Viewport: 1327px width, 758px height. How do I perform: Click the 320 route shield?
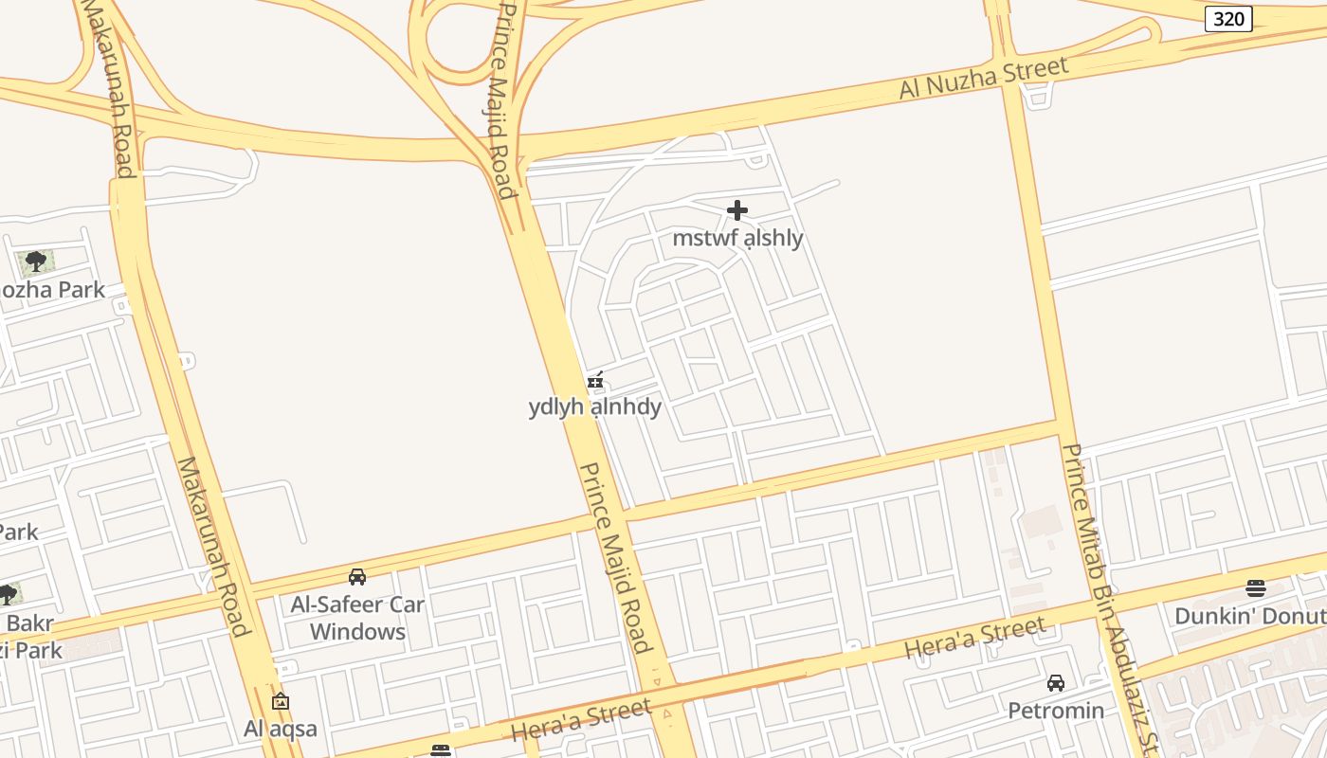click(x=1228, y=19)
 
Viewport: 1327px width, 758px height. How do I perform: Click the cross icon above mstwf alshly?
click(x=737, y=210)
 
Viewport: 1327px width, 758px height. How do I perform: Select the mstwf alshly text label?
click(x=737, y=238)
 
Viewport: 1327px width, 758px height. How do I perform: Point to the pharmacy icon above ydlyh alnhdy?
click(x=595, y=381)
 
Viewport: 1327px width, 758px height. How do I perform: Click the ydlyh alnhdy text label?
click(x=595, y=407)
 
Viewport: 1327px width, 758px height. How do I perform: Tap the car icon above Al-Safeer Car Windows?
click(x=357, y=576)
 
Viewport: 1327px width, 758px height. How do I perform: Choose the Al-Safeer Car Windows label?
click(x=357, y=618)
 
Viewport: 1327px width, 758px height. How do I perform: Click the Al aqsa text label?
click(x=281, y=729)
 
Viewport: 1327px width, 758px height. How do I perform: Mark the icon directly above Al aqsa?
click(x=280, y=702)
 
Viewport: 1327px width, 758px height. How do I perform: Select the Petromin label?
click(x=1056, y=711)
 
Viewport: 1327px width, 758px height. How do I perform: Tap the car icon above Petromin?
click(x=1056, y=683)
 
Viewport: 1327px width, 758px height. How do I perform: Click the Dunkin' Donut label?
click(x=1250, y=616)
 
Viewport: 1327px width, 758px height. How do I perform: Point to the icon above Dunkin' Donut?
click(x=1256, y=588)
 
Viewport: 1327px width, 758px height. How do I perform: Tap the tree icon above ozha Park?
click(x=36, y=262)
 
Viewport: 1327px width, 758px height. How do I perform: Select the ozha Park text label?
click(x=52, y=290)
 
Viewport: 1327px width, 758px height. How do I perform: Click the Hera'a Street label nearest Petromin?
click(x=975, y=638)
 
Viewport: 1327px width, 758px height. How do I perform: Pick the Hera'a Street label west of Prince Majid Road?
click(x=581, y=720)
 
